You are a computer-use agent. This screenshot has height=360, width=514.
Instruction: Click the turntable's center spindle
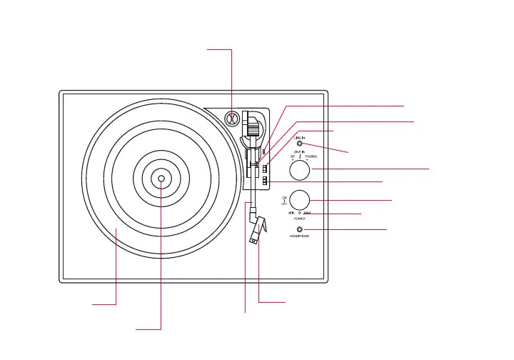click(x=161, y=179)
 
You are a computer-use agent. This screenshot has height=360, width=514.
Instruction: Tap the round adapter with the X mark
click(x=232, y=119)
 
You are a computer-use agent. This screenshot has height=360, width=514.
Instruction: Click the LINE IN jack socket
click(x=300, y=144)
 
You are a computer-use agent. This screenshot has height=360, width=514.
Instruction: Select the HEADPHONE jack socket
click(x=300, y=229)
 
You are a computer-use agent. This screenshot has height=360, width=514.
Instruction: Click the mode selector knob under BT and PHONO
click(x=300, y=170)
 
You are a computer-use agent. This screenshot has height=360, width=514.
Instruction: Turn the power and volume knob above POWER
click(x=300, y=199)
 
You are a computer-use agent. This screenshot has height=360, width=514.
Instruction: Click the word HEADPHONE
click(x=300, y=236)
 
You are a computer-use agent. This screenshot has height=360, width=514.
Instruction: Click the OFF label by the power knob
click(x=284, y=204)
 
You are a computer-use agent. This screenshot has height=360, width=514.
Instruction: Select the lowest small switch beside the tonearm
click(x=264, y=182)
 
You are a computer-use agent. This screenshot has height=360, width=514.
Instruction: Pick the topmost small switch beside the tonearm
click(x=264, y=151)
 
